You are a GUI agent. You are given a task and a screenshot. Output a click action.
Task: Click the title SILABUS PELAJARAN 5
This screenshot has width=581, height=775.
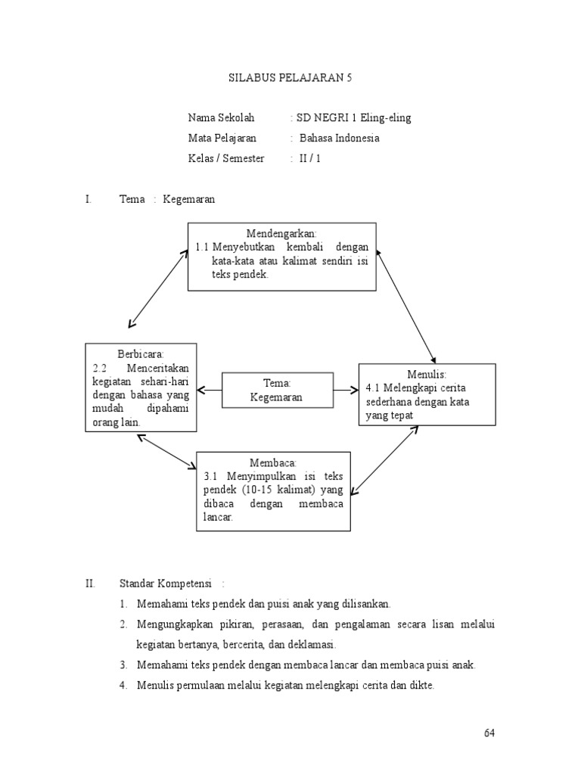[x=290, y=78]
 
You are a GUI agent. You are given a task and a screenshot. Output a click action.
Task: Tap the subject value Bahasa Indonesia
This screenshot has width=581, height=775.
[x=340, y=139]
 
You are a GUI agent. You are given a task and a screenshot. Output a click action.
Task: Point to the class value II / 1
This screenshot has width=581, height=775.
[x=310, y=159]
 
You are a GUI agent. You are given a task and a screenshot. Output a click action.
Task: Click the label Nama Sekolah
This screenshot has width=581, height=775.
[x=222, y=118]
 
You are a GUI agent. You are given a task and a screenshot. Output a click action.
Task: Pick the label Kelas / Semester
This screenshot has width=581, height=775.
[x=226, y=159]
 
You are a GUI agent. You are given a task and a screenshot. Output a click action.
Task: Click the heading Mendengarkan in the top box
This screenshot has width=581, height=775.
[x=281, y=232]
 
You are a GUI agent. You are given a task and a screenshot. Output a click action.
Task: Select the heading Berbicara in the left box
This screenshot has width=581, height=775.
[x=141, y=353]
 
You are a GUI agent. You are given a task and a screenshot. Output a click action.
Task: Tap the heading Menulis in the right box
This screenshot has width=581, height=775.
[x=427, y=374]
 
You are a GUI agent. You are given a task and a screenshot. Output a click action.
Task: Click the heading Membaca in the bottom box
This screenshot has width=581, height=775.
[x=273, y=462]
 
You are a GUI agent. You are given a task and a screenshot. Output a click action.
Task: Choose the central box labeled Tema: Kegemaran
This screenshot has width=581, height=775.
[x=277, y=391]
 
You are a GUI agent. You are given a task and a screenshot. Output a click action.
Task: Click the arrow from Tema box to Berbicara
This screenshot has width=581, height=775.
[x=209, y=391]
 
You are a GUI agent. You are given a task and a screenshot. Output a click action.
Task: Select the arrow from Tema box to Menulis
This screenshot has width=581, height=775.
[x=345, y=391]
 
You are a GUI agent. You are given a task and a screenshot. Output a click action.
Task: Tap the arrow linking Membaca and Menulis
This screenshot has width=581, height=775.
[x=384, y=459]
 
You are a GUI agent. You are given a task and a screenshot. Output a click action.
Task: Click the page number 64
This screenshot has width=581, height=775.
[x=489, y=733]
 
